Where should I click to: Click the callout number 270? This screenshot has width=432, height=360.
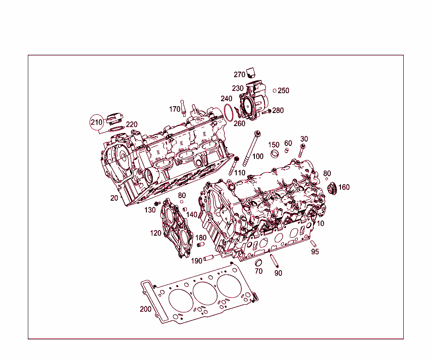click(239, 75)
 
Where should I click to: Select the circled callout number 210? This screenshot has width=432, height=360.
click(97, 123)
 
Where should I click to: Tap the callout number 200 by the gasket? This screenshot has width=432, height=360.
click(146, 309)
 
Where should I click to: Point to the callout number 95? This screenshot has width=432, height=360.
click(315, 252)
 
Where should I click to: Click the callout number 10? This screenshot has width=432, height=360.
click(321, 223)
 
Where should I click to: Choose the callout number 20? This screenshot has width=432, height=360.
click(114, 198)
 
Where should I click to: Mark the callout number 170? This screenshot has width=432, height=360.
click(175, 109)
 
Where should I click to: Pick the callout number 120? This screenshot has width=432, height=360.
click(156, 233)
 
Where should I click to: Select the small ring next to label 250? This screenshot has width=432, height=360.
click(275, 91)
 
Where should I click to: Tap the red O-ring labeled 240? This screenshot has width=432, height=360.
click(228, 113)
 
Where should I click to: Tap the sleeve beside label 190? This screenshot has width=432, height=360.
click(209, 258)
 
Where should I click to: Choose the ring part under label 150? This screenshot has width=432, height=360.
click(275, 153)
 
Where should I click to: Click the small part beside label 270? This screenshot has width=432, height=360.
click(251, 73)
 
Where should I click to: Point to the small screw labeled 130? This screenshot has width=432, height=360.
click(157, 204)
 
